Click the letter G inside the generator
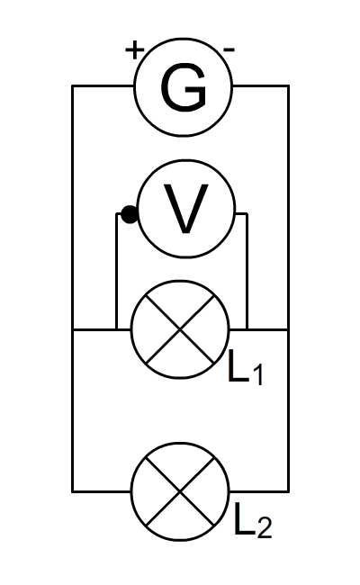coord(183,87)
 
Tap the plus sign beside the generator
coord(134,50)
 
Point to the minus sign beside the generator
coord(229,49)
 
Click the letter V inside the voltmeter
coord(186,209)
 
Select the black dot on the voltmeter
coord(130,215)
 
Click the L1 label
coord(246,371)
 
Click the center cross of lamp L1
coord(180,329)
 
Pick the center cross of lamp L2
coord(180,491)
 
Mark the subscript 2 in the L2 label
coord(265,528)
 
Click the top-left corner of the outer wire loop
coord(72,86)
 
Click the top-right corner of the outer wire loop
coord(288,86)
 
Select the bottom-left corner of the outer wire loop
coord(72,491)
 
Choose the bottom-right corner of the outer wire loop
coord(288,491)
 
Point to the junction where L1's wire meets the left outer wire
coord(72,329)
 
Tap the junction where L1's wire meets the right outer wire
coord(288,329)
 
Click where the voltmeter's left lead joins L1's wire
coord(116,329)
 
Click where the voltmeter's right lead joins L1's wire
coord(247,329)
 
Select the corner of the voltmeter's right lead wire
coord(247,214)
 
